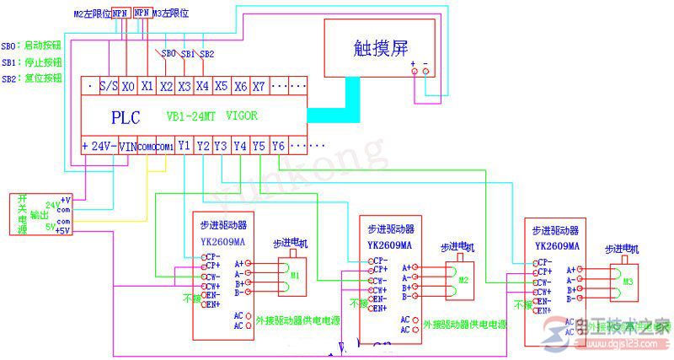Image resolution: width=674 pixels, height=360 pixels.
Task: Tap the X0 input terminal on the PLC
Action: coord(128,86)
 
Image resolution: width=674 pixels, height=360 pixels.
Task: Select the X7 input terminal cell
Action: coord(259,86)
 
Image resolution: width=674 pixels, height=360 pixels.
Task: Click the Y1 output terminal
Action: coord(184,146)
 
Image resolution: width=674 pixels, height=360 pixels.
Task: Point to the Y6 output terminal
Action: coord(279,146)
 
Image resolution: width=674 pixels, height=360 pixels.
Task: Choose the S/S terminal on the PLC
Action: coord(108,86)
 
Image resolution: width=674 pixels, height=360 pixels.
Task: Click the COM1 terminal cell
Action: coord(164,146)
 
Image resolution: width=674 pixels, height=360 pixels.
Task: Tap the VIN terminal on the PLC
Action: coord(126,146)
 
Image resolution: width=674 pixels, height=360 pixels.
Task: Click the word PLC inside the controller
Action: coord(126,116)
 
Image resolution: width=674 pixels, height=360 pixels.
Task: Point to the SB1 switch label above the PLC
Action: coord(187,53)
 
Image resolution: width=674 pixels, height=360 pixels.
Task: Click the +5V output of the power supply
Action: coord(62,229)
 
